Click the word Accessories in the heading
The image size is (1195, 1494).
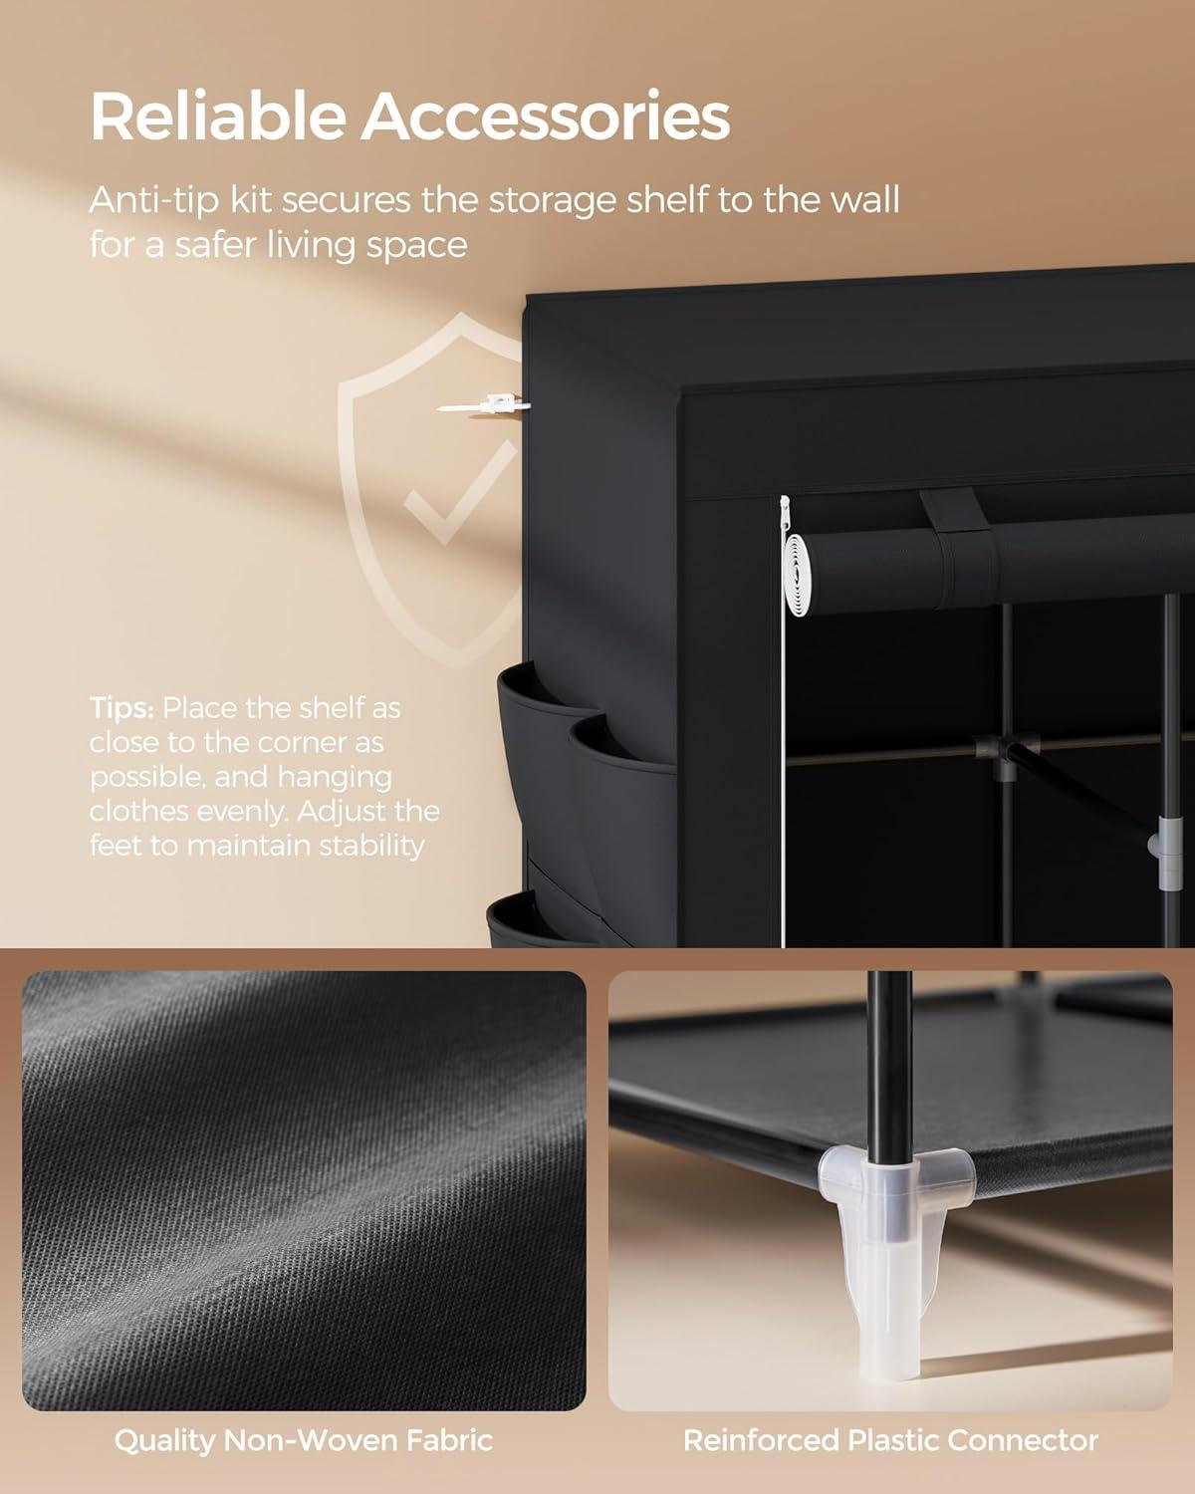coord(545,118)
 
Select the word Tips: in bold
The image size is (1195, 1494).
coord(121,709)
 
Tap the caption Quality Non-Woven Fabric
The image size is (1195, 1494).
coord(303,1440)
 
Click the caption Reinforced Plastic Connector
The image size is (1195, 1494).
coord(890,1440)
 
